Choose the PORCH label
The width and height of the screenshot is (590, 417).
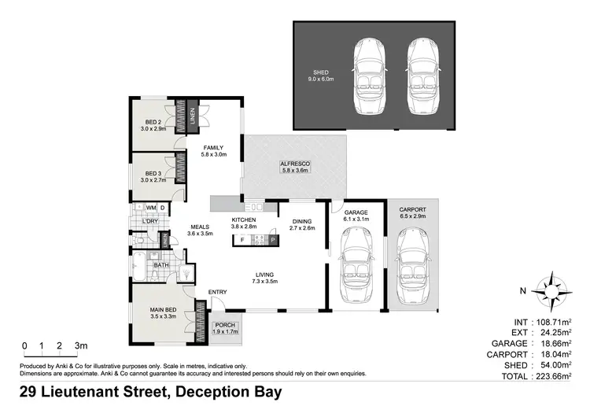[225, 328]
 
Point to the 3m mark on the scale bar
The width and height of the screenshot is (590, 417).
[79, 345]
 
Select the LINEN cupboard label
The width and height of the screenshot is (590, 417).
[191, 115]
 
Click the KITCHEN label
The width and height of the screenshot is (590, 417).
[244, 220]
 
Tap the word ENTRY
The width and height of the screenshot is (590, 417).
[218, 293]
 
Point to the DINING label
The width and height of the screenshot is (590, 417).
[303, 222]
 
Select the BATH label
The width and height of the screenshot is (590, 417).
[161, 265]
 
